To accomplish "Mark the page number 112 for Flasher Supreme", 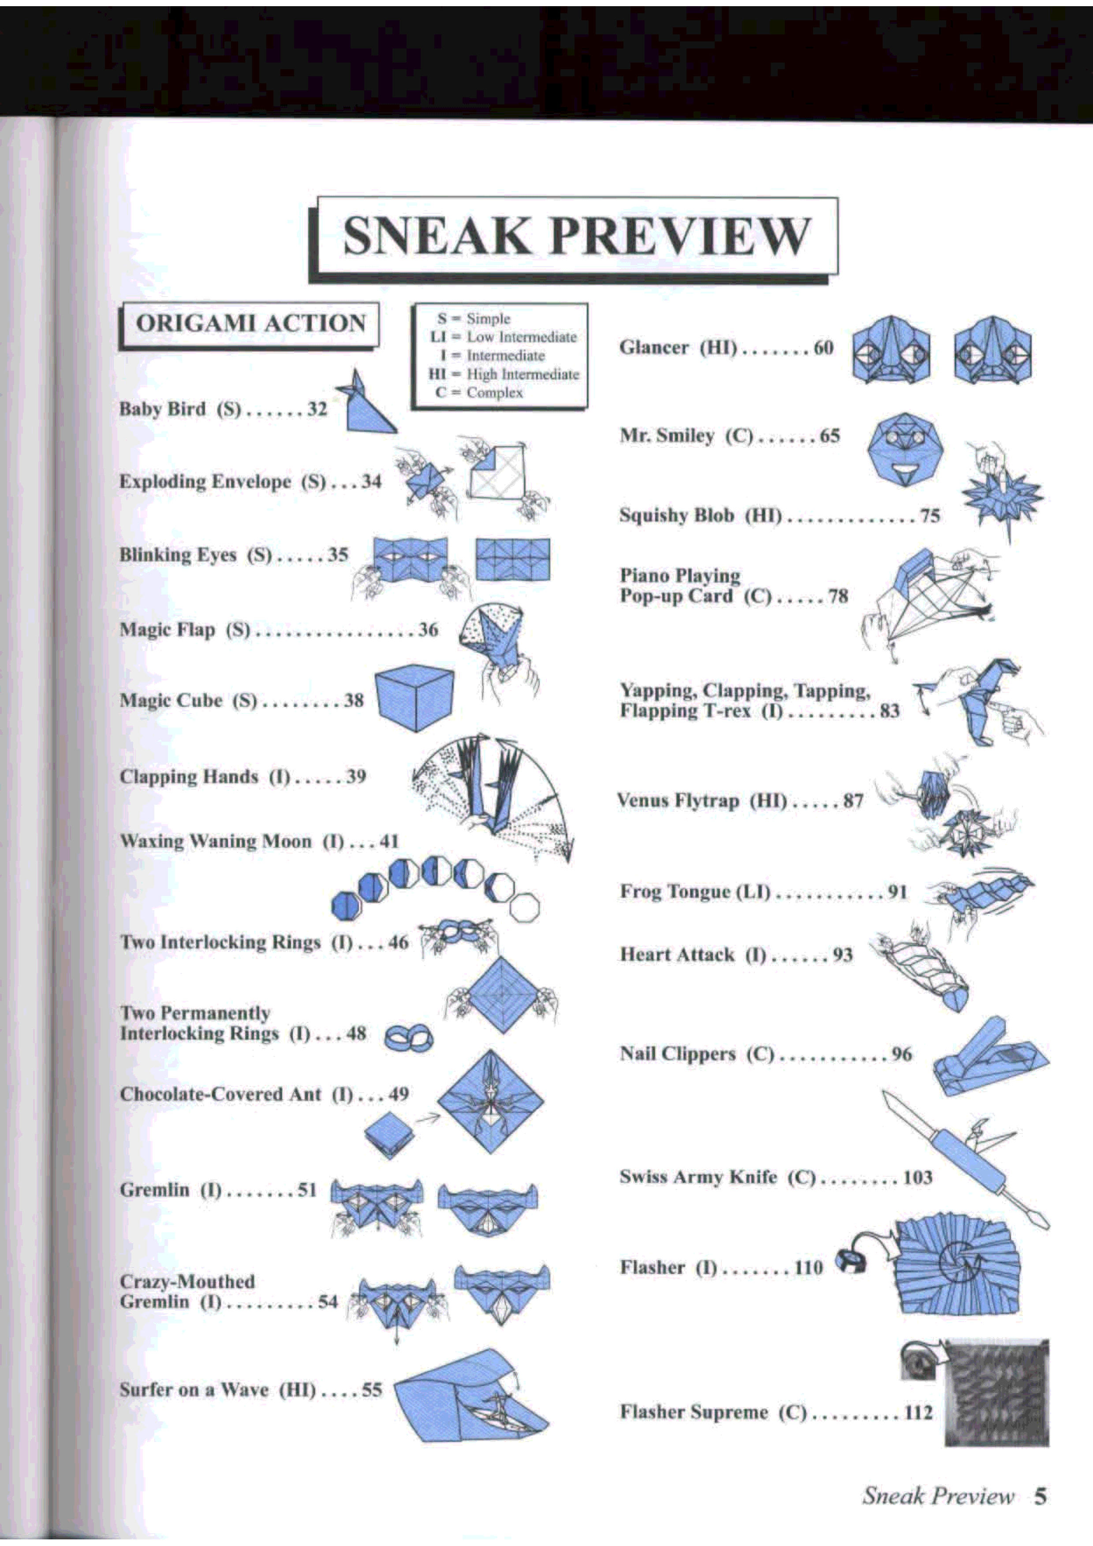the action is tap(918, 1412).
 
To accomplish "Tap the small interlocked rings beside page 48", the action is tap(409, 1039).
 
